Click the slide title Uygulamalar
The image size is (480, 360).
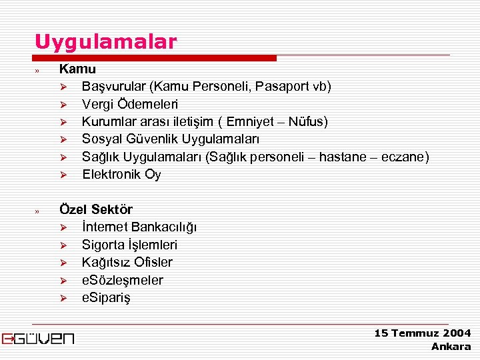[x=106, y=42]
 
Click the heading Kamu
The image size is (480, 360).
[x=77, y=69]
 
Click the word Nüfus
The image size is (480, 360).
[x=306, y=121]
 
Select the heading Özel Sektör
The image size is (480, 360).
[x=96, y=209]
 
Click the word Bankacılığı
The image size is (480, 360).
[x=164, y=227]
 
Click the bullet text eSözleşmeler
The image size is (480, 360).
[x=122, y=280]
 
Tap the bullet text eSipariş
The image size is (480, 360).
[x=106, y=298]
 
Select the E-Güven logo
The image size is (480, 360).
[x=38, y=338]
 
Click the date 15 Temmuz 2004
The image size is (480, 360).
[x=422, y=333]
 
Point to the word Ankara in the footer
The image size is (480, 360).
[x=451, y=346]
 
